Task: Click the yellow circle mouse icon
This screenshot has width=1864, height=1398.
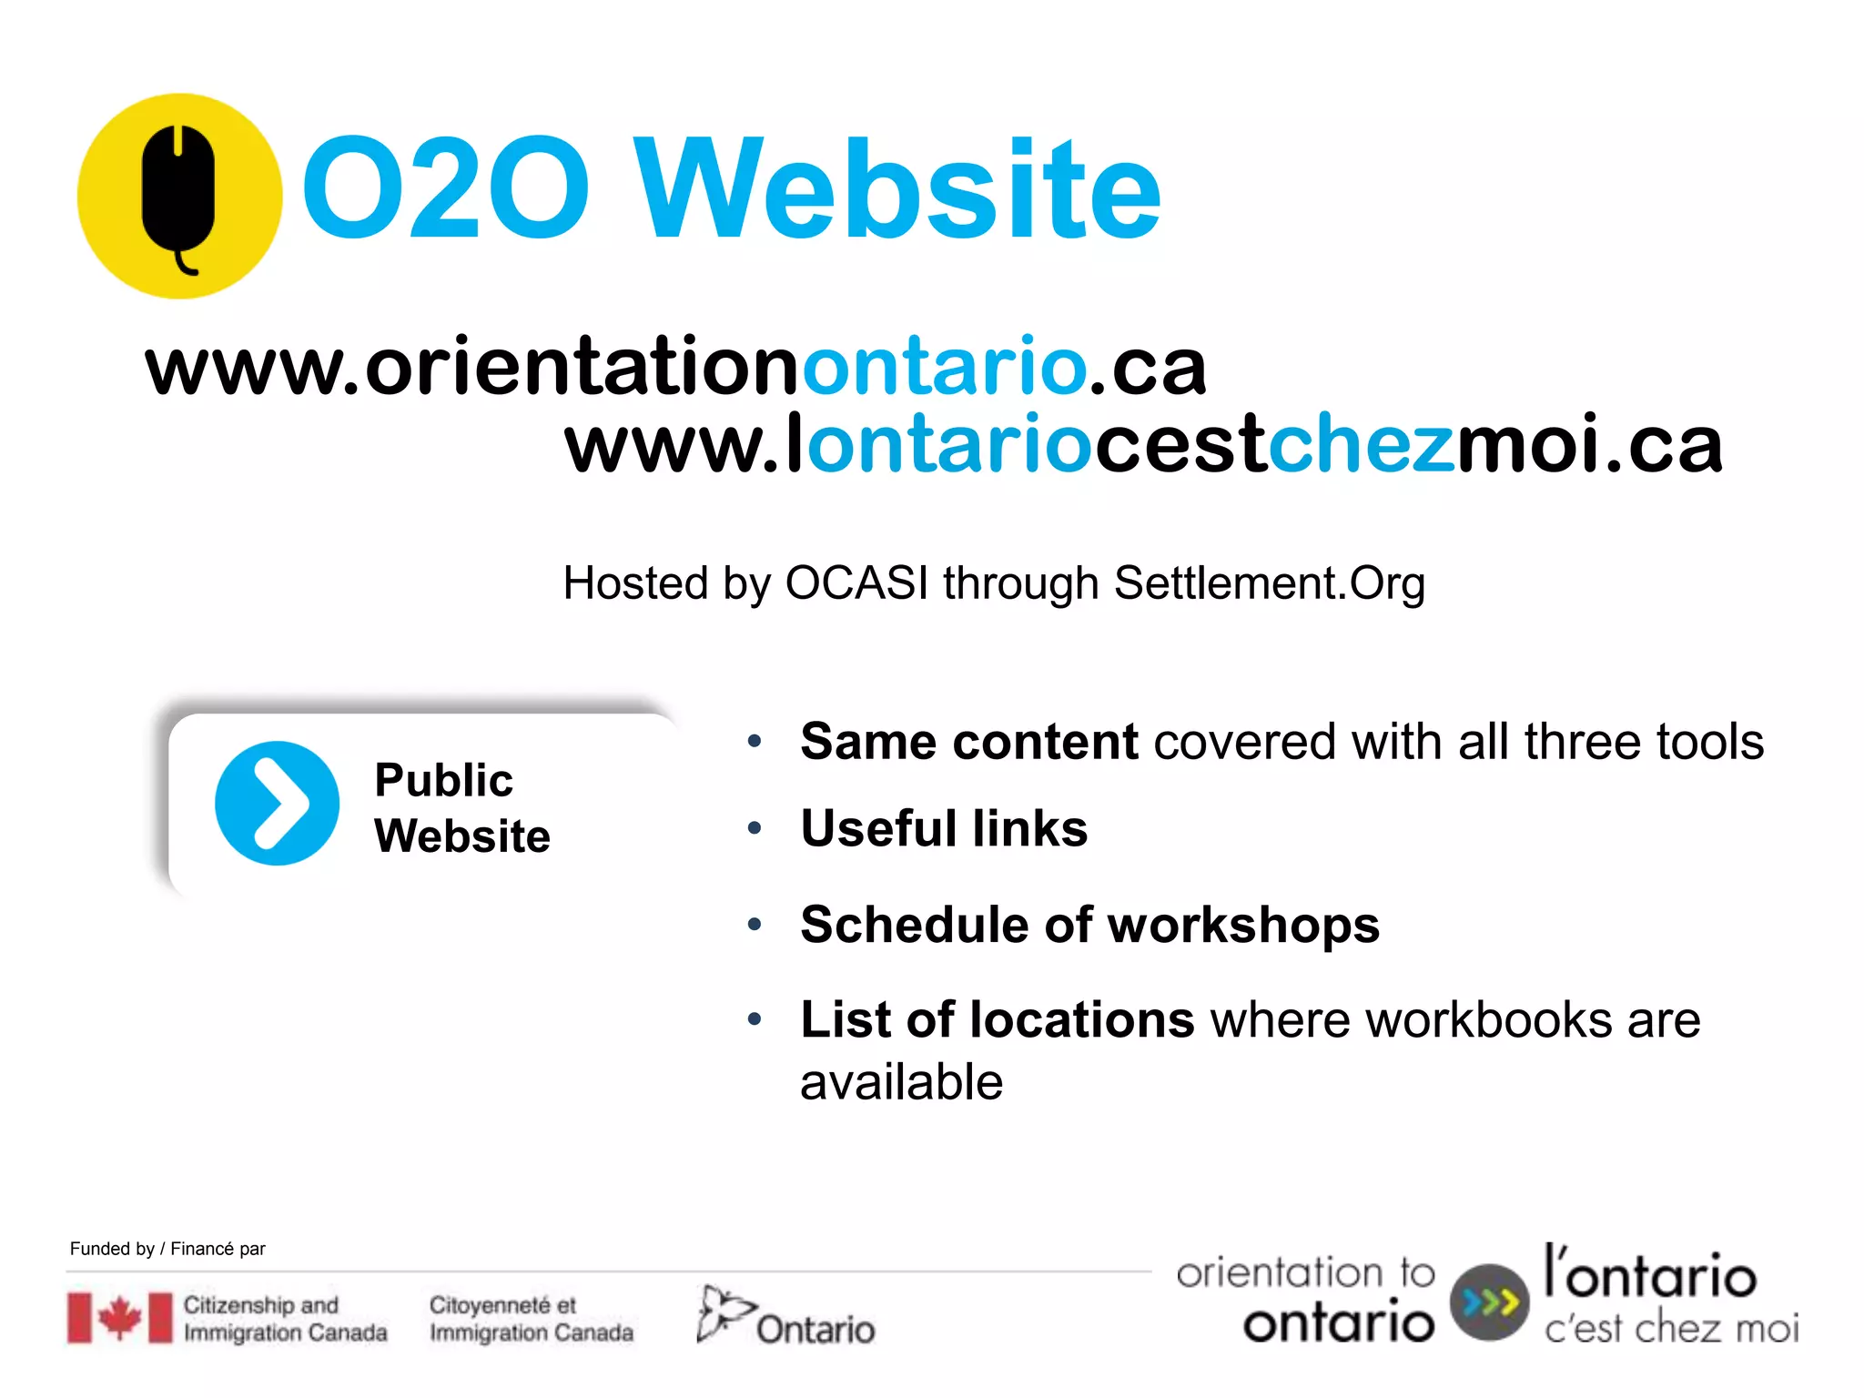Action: click(179, 196)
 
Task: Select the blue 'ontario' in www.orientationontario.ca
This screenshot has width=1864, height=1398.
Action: click(944, 366)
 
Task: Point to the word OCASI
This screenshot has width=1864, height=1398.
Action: click(856, 582)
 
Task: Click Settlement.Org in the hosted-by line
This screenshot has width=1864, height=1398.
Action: click(1269, 582)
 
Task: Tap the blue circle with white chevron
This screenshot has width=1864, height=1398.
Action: click(277, 803)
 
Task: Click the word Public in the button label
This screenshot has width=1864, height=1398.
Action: click(443, 780)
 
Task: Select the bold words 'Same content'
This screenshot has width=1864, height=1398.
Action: click(968, 742)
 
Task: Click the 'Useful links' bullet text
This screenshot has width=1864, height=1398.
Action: click(944, 828)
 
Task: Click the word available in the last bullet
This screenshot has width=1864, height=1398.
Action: click(901, 1081)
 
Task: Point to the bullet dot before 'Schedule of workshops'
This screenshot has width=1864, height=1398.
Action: click(754, 926)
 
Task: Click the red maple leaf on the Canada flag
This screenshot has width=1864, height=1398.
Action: click(119, 1317)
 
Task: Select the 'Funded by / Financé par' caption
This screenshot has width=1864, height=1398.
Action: click(167, 1249)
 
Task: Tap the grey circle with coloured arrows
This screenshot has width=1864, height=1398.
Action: click(1489, 1302)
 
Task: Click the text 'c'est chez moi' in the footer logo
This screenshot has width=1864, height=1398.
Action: click(1671, 1329)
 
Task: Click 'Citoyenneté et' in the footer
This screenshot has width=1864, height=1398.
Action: click(502, 1305)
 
